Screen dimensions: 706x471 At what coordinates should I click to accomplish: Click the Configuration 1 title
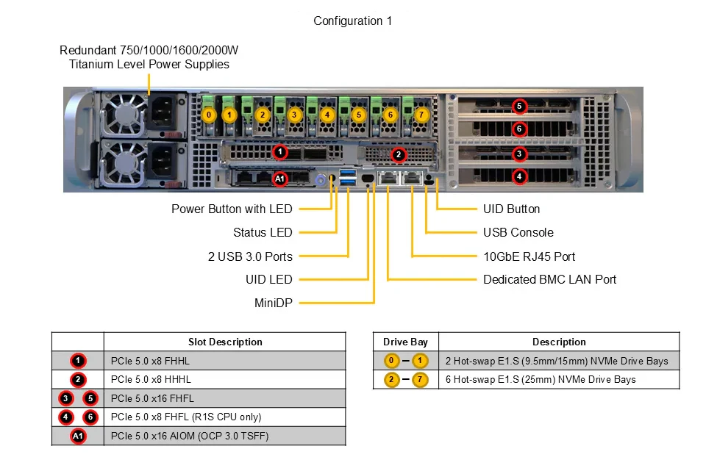tap(352, 21)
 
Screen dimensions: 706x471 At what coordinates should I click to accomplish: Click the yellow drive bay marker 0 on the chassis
tap(208, 115)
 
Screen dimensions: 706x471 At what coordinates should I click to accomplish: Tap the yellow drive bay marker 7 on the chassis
tap(421, 115)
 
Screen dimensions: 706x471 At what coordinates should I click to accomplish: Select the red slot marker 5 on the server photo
tap(519, 106)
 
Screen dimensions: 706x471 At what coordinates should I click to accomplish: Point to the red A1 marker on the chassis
tap(279, 179)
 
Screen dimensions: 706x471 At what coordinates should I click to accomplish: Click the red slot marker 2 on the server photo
tap(398, 155)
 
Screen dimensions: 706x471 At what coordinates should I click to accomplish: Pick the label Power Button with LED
tap(232, 209)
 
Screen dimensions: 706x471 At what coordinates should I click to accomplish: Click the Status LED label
tap(263, 233)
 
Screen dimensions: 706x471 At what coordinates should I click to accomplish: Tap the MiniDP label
tap(274, 303)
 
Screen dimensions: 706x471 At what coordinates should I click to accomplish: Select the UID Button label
tap(512, 209)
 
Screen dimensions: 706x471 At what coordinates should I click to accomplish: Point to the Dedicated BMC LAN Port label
tap(550, 279)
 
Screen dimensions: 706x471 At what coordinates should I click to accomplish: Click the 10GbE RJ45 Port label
tap(529, 256)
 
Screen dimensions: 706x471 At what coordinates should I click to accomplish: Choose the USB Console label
tap(518, 233)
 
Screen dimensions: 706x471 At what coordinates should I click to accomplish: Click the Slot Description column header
tap(225, 342)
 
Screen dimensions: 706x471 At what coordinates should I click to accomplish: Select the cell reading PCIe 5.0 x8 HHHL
tap(151, 380)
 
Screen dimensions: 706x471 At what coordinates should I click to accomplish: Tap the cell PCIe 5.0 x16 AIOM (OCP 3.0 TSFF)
tap(190, 436)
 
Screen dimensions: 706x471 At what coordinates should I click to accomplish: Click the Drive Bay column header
tap(405, 342)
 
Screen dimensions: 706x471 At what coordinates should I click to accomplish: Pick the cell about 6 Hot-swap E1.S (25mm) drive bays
tap(541, 380)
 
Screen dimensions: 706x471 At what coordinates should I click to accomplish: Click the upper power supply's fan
tap(122, 115)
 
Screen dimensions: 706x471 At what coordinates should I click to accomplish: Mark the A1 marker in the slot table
tap(78, 436)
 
